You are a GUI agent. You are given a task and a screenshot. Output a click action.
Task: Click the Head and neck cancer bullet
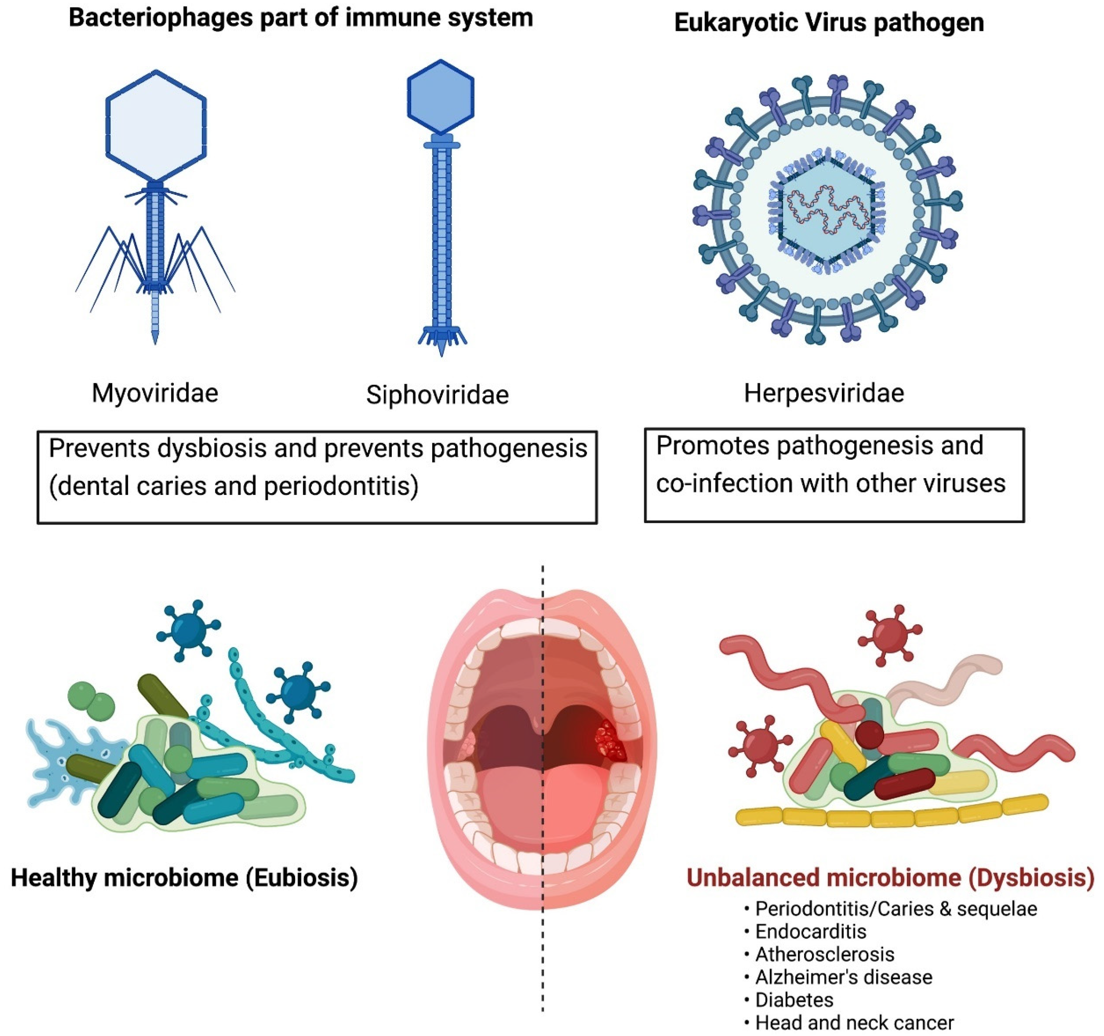[x=854, y=1022]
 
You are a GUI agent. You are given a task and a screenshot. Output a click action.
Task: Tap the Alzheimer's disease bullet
[x=843, y=977]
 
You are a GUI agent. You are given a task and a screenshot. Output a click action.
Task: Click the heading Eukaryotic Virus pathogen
[x=829, y=23]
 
